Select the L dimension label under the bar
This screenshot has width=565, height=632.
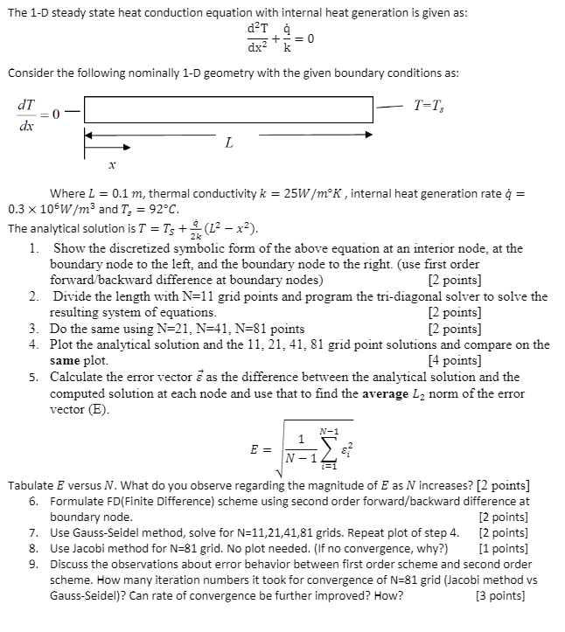pos(228,143)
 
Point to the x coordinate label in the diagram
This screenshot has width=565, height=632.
pos(111,163)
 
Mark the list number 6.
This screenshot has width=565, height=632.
pos(32,501)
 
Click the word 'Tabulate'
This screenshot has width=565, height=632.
pos(32,483)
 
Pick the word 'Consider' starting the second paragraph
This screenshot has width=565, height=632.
pos(32,73)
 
